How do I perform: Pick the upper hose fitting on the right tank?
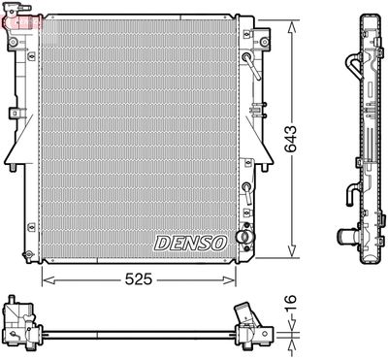[x=248, y=69]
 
